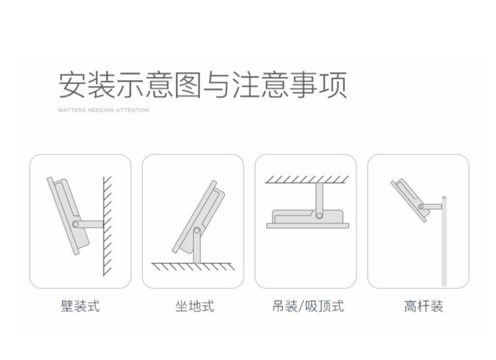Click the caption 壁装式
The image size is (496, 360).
[80, 306]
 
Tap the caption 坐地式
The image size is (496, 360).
[195, 306]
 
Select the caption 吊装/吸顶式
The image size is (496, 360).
[308, 306]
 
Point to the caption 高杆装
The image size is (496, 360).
[423, 306]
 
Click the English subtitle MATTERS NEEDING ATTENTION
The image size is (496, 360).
[104, 111]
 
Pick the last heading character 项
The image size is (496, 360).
[333, 85]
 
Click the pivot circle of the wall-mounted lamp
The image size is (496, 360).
[75, 224]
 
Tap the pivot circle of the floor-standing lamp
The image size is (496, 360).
[197, 230]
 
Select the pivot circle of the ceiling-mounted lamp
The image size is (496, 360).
[319, 216]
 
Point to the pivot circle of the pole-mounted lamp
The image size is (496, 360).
[421, 207]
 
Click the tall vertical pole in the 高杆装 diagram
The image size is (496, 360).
[444, 241]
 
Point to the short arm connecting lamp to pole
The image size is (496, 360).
[431, 207]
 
